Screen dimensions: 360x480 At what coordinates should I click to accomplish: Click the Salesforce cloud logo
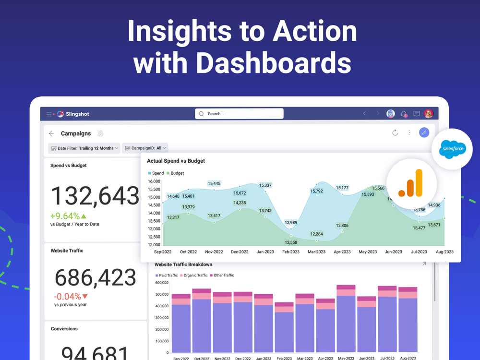[452, 149]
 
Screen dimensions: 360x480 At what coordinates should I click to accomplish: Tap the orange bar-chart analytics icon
[411, 184]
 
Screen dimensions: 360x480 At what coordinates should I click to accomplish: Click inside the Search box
[239, 114]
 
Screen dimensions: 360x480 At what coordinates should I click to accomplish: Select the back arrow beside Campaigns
[51, 133]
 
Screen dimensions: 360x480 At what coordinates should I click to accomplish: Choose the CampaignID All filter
[145, 148]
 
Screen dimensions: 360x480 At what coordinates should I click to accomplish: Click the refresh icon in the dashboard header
[395, 132]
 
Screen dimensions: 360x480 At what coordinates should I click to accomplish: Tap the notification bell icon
[404, 114]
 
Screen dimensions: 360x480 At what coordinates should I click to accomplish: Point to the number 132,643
[95, 196]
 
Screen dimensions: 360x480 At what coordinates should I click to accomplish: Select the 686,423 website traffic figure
[95, 277]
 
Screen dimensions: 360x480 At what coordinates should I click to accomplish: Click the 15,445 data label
[214, 183]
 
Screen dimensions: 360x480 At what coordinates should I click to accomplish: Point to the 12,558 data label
[291, 242]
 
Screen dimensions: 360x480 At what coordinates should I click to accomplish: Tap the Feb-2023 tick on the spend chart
[291, 252]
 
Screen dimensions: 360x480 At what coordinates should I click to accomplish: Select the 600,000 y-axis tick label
[161, 283]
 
